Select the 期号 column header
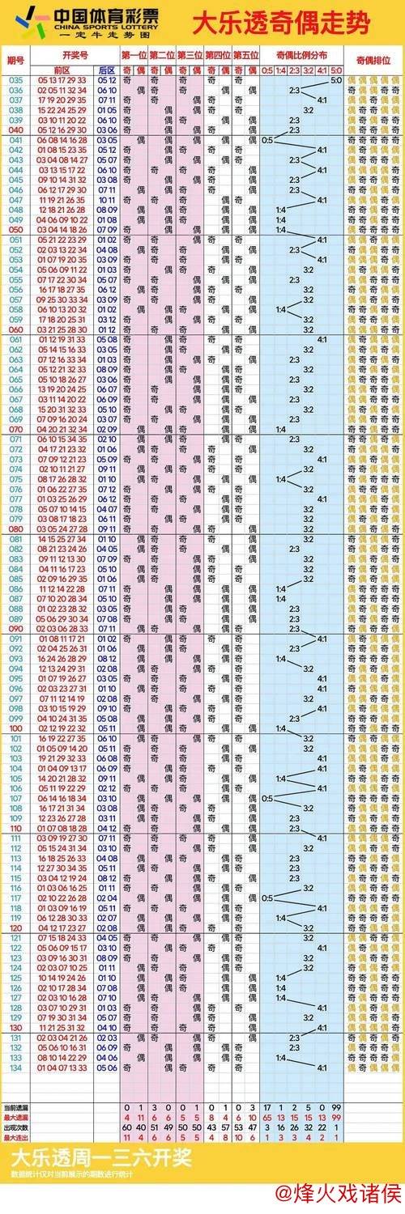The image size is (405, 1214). pos(15,61)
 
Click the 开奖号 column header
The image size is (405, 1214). pos(74,54)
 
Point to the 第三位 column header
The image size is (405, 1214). pos(190,54)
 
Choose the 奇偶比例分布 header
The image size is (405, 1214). pos(301,54)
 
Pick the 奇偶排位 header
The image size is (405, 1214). pos(373,61)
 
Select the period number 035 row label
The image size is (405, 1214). pos(15,80)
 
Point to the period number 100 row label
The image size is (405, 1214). pos(15,728)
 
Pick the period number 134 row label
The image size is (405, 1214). pos(15,1068)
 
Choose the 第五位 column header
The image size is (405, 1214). pos(245,54)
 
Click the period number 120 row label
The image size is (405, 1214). pos(15,927)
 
